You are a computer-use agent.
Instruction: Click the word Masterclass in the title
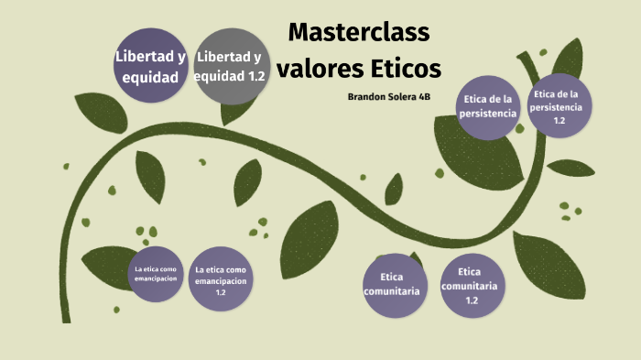[359, 33]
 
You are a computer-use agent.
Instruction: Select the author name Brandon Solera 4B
[389, 95]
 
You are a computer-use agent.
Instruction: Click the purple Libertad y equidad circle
[150, 66]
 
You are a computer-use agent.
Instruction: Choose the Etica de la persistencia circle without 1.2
[490, 106]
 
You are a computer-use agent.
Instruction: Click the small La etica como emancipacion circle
[154, 272]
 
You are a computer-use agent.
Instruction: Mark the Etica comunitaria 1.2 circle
[469, 285]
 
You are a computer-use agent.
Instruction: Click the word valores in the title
[317, 68]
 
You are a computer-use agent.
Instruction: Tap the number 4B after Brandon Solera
[424, 95]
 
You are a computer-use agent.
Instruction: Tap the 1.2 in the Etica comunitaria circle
[471, 300]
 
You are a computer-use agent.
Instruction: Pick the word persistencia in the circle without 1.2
[490, 114]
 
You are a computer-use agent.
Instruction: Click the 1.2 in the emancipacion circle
[221, 292]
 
